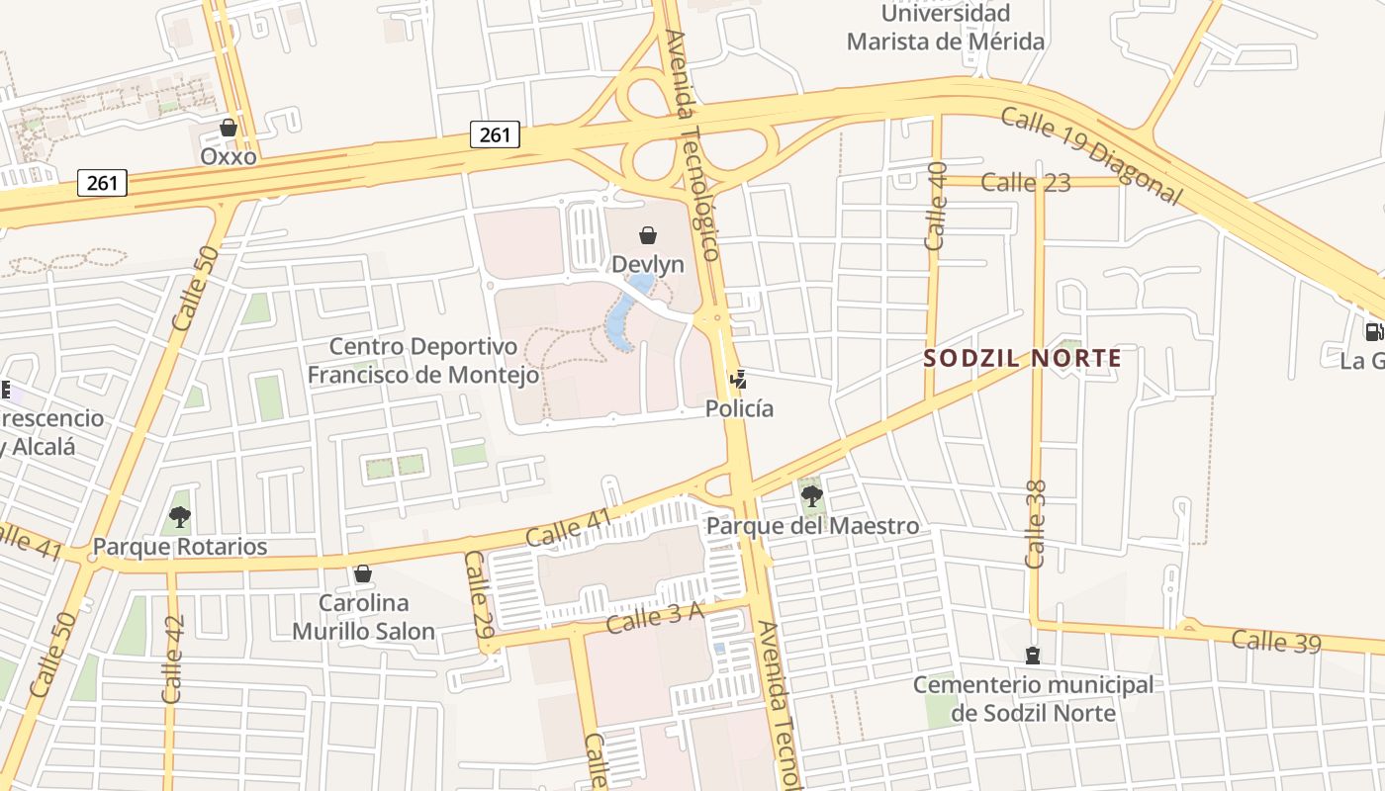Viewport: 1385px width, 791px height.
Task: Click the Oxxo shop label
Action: coord(229,156)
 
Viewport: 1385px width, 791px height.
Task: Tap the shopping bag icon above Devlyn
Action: coord(648,235)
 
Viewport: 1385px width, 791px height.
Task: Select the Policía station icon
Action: coord(737,378)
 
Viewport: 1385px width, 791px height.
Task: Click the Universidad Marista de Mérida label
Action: coord(946,28)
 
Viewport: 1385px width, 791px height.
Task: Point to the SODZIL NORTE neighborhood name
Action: coord(1023,358)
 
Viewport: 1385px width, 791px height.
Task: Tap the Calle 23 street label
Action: coord(1026,182)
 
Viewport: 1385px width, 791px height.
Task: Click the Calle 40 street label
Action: coord(936,206)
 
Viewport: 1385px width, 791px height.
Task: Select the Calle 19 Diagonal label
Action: coord(1091,156)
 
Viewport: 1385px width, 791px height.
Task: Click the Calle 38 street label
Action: coord(1036,524)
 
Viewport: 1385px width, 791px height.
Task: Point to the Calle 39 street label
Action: coord(1275,641)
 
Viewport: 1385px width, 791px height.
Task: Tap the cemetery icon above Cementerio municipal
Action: coord(1033,656)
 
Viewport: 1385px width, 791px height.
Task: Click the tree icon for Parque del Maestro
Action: coord(811,495)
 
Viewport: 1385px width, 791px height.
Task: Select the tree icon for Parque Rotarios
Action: coord(179,516)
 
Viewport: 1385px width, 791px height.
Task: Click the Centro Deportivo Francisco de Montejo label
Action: coord(423,361)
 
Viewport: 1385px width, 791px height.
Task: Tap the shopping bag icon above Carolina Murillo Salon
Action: coord(363,573)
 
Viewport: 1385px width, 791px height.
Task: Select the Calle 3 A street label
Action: coord(654,618)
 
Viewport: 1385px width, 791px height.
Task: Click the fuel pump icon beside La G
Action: coord(1373,332)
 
